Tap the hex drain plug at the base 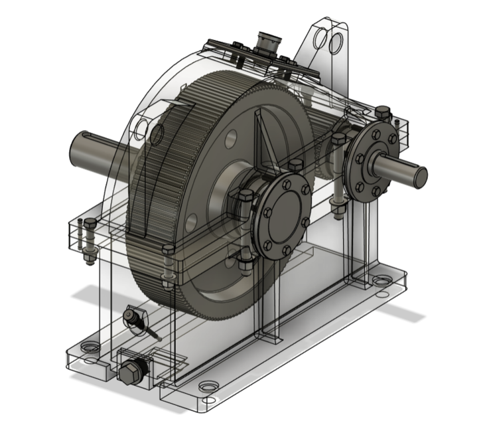(x=130, y=371)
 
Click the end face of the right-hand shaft (x=420, y=177)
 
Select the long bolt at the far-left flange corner (x=84, y=236)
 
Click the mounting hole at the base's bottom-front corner (x=208, y=385)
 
